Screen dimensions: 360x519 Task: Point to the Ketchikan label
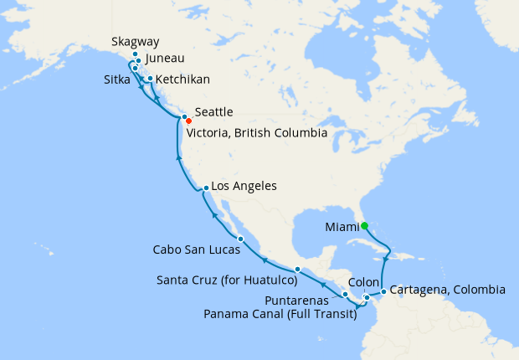click(182, 79)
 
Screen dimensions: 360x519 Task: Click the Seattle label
click(213, 111)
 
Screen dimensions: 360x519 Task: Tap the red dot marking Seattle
click(189, 121)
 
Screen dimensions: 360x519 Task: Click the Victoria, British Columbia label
click(256, 132)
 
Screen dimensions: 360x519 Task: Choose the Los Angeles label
click(244, 186)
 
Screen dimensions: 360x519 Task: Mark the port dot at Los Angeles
click(206, 188)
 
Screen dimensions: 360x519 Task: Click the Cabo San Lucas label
click(194, 249)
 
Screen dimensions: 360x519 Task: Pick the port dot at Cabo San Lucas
click(240, 239)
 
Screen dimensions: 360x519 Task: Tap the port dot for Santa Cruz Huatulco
click(297, 270)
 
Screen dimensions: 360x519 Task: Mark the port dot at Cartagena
click(383, 292)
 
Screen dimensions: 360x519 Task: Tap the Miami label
click(342, 225)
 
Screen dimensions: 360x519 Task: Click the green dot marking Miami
click(365, 224)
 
